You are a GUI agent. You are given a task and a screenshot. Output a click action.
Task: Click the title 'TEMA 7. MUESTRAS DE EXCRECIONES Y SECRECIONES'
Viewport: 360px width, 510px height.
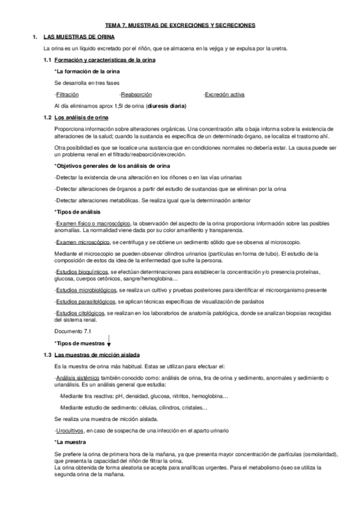click(x=180, y=25)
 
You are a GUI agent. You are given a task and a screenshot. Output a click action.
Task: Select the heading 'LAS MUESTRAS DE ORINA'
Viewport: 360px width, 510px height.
click(x=73, y=37)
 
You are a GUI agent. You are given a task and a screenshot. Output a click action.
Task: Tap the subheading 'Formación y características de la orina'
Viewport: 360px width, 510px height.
click(x=104, y=60)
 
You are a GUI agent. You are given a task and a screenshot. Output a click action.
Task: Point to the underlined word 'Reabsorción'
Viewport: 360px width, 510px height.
click(x=135, y=94)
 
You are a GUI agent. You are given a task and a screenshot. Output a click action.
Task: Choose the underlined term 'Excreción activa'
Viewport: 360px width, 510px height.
click(x=224, y=94)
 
